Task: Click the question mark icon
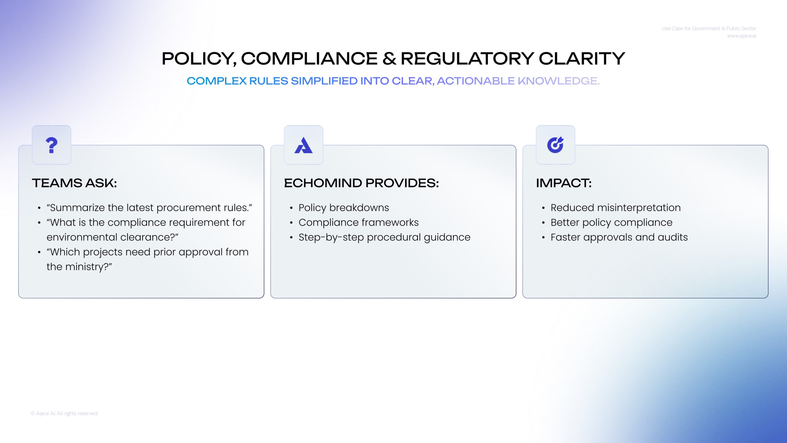[x=51, y=145]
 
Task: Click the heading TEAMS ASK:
[x=74, y=183]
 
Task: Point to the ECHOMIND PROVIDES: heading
[x=361, y=183]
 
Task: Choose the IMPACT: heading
[x=564, y=183]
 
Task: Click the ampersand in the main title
[x=389, y=58]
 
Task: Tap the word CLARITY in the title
[x=582, y=58]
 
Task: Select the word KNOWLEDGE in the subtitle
[x=559, y=81]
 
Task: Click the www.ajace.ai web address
[x=742, y=36]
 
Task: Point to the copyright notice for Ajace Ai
[x=64, y=413]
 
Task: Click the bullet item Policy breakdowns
[x=344, y=208]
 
